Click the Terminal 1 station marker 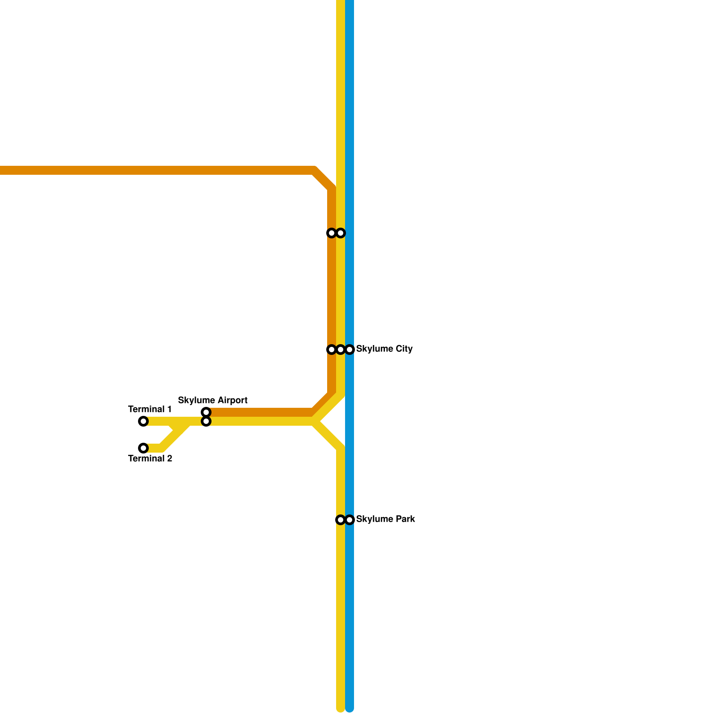point(143,421)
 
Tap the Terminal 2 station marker point(143,448)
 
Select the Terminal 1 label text point(150,409)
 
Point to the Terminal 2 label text point(150,458)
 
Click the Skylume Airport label point(213,400)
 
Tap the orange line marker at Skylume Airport point(206,412)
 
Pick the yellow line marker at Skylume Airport point(206,422)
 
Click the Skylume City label point(384,349)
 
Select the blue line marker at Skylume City point(350,350)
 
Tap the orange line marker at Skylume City point(332,350)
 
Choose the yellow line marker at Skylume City point(341,350)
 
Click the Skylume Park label point(385,519)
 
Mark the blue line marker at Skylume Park point(350,520)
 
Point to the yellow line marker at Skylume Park point(341,520)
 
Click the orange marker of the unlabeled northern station point(332,233)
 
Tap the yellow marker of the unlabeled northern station point(341,233)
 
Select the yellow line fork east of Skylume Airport point(316,421)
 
